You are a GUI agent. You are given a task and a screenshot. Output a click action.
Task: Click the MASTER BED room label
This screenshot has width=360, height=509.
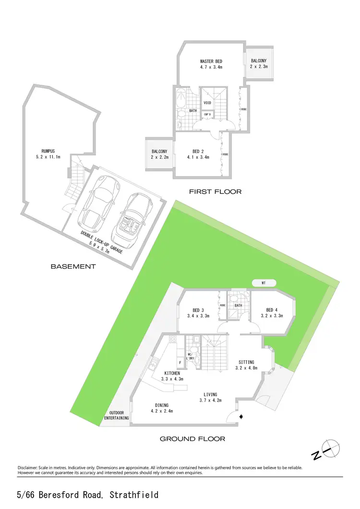211,61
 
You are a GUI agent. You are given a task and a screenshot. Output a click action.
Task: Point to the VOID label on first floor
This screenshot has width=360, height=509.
207,103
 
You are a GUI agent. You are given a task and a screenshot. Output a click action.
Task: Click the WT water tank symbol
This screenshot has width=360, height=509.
264,283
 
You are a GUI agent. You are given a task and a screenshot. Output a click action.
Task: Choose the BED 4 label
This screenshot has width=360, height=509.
272,309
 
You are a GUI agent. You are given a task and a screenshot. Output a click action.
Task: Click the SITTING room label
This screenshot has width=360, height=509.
244,362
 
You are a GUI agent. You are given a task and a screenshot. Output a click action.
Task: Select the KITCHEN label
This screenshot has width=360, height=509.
171,373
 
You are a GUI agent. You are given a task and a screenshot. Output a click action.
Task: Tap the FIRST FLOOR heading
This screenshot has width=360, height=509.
215,192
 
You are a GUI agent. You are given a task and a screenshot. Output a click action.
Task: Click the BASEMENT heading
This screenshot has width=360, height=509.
73,266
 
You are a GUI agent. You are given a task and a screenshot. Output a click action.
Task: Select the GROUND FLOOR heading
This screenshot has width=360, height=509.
192,438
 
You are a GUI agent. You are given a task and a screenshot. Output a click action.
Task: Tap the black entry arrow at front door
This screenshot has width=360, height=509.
241,417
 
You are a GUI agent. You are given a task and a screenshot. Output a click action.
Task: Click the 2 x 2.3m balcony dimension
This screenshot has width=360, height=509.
259,67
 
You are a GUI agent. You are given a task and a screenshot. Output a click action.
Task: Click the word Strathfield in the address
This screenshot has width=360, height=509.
134,495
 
